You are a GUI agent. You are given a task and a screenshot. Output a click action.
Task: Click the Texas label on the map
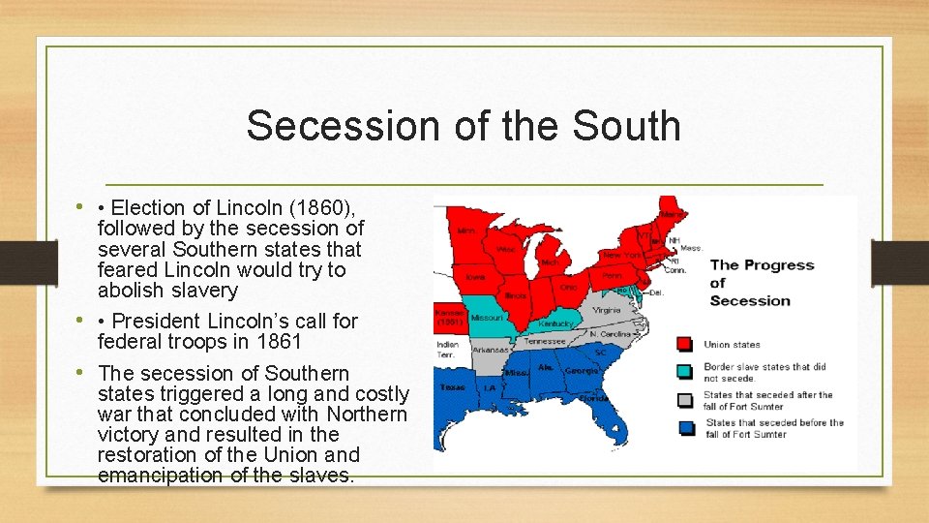pos(453,386)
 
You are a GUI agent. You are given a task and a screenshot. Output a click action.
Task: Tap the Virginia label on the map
pos(607,310)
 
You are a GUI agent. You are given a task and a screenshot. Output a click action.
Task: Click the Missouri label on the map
pos(487,318)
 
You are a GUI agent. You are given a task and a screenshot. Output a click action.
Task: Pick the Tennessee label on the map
pos(545,341)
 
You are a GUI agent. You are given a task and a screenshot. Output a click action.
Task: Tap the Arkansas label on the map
pos(491,350)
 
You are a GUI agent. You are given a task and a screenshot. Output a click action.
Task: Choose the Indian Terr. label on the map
pos(448,348)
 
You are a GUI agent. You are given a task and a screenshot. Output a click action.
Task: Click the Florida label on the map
pos(592,397)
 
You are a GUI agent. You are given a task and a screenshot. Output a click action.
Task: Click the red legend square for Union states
pos(685,344)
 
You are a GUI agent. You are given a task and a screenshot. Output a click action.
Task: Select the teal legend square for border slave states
pos(685,372)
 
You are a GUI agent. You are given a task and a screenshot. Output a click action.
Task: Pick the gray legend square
pos(685,400)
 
